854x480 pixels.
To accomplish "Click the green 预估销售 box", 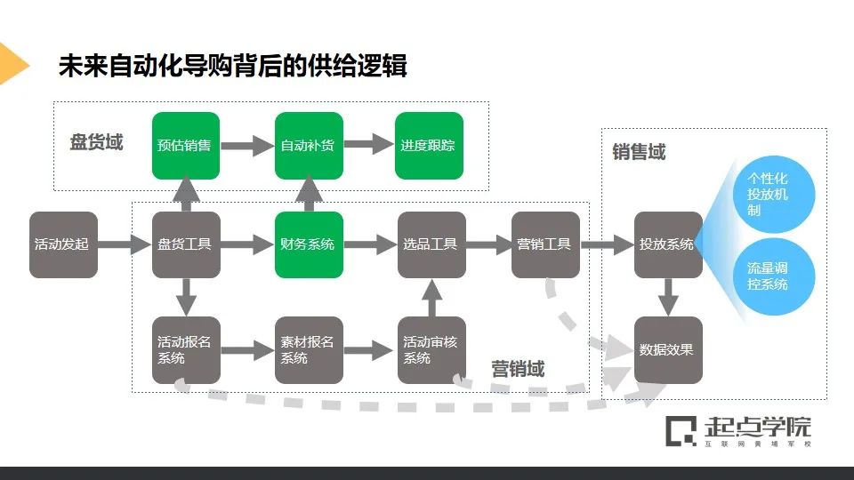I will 186,146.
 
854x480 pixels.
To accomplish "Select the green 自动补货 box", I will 308,146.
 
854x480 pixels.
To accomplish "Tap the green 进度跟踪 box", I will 429,146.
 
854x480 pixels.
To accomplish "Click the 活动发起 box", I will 62,244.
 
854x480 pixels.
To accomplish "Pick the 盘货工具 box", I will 186,244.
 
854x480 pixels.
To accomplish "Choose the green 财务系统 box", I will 308,244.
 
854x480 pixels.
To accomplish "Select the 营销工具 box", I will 545,244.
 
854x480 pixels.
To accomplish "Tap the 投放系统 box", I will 667,244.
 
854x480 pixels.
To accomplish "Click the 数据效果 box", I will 667,350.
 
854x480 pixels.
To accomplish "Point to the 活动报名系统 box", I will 186,350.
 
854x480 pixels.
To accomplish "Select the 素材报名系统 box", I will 308,350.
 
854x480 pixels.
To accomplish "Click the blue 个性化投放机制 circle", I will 769,195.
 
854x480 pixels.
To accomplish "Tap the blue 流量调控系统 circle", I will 769,276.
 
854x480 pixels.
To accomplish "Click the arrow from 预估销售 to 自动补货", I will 246,146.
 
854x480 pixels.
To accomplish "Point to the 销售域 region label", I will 639,153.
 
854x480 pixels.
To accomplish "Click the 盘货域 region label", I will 96,142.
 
